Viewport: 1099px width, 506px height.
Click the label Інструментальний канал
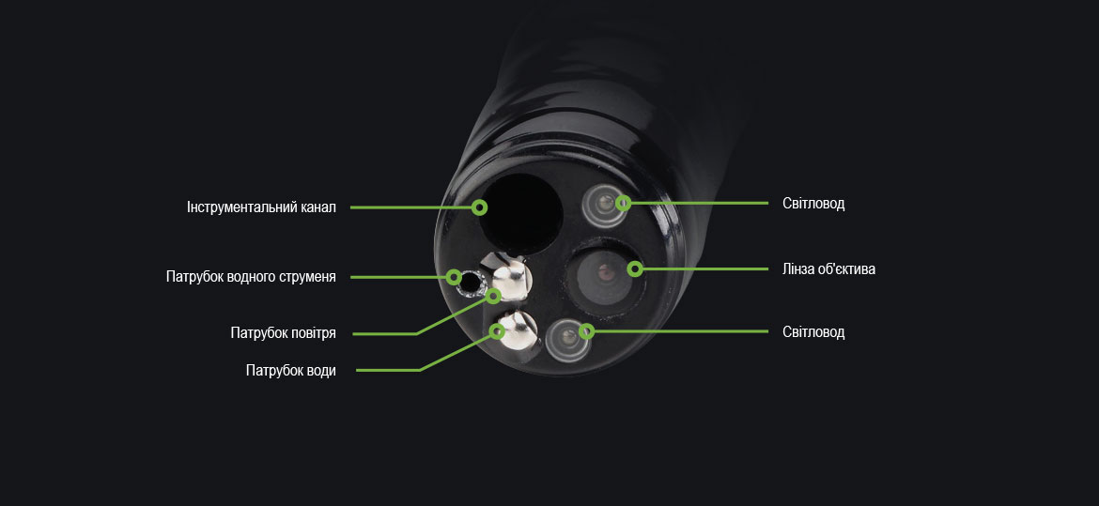(x=260, y=207)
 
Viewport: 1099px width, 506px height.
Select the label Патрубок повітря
(x=283, y=333)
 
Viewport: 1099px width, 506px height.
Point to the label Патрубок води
(x=290, y=371)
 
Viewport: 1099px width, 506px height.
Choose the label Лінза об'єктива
(x=828, y=269)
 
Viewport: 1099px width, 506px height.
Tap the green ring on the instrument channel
(x=479, y=207)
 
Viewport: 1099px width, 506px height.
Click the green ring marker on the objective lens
(x=635, y=269)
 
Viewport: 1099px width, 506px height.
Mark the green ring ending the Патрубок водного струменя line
(x=454, y=277)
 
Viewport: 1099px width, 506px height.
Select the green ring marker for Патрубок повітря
(x=494, y=297)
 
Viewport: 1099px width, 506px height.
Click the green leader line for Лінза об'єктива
(x=704, y=269)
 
